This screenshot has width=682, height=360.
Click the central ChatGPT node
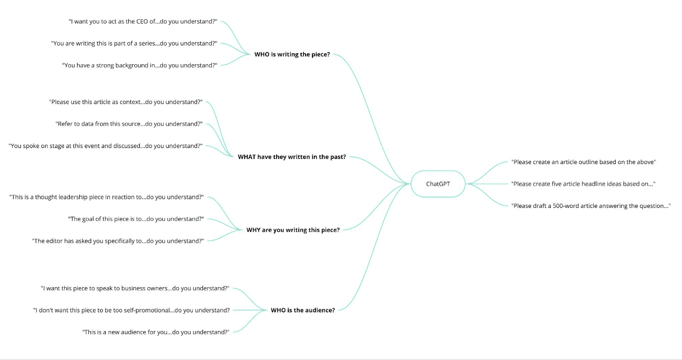pyautogui.click(x=438, y=184)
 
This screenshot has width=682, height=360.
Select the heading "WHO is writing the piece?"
pyautogui.click(x=292, y=55)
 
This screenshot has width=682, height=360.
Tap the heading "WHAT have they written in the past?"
pyautogui.click(x=292, y=157)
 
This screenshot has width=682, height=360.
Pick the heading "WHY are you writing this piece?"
pyautogui.click(x=293, y=230)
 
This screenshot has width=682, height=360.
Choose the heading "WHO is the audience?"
pyautogui.click(x=303, y=310)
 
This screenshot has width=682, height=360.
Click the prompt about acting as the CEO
pyautogui.click(x=143, y=22)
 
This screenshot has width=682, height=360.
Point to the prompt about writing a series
pyautogui.click(x=134, y=43)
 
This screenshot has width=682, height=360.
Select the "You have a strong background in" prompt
pyautogui.click(x=139, y=66)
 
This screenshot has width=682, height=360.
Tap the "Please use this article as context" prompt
pyautogui.click(x=126, y=102)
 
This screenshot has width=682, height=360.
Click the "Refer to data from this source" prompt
pyautogui.click(x=129, y=124)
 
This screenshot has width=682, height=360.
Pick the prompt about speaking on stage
pyautogui.click(x=105, y=146)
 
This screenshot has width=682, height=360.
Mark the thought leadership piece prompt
pyautogui.click(x=107, y=197)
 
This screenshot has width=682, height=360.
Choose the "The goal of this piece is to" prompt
pyautogui.click(x=136, y=219)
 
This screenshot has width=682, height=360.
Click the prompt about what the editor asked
pyautogui.click(x=118, y=241)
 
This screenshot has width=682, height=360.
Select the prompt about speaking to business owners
pyautogui.click(x=135, y=288)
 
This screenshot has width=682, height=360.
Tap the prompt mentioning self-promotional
pyautogui.click(x=131, y=311)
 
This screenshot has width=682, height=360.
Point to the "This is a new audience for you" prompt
pyautogui.click(x=156, y=332)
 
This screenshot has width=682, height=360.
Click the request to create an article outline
pyautogui.click(x=583, y=162)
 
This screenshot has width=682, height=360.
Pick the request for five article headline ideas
pyautogui.click(x=583, y=184)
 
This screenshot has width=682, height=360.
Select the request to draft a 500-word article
pyautogui.click(x=591, y=206)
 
